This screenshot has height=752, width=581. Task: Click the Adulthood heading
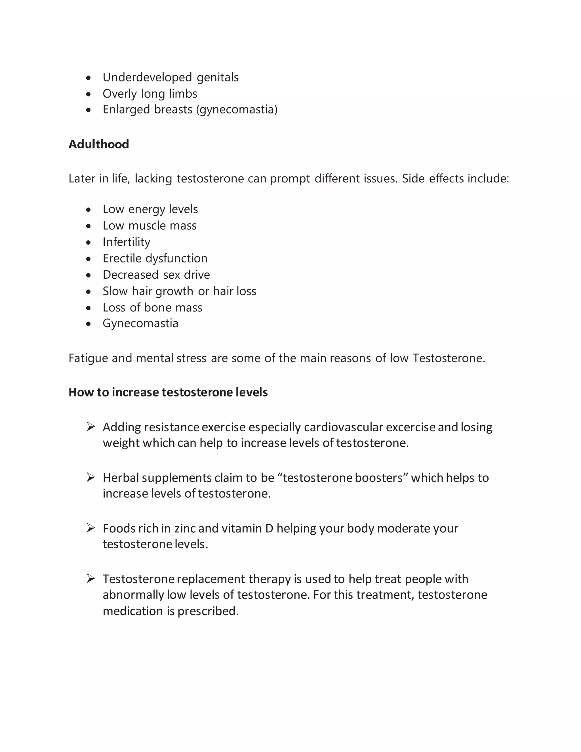coord(99,144)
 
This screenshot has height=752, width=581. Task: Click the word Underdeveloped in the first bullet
coord(147,77)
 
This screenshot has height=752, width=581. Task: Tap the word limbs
coord(183,94)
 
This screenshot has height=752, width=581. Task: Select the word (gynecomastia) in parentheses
coord(237,110)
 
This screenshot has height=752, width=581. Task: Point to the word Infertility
coord(126,242)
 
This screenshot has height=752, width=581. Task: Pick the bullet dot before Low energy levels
coord(89,210)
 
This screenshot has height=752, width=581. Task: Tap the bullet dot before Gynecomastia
coord(89,324)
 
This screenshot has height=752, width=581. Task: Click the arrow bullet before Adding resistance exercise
coord(90,427)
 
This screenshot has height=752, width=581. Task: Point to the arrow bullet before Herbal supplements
coord(90,478)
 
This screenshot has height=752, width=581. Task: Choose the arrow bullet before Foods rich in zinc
coord(90,528)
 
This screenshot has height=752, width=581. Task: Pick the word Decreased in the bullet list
coord(130,275)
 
